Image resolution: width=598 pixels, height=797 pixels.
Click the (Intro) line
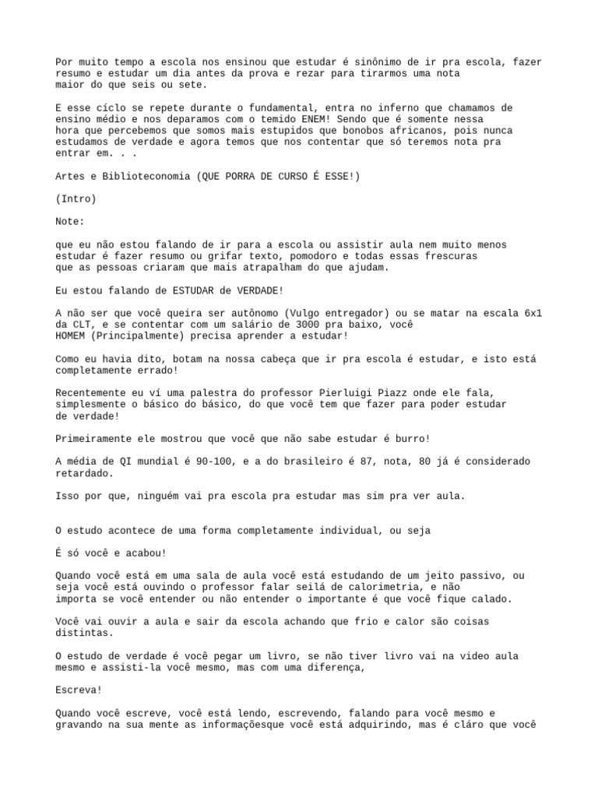tap(76, 199)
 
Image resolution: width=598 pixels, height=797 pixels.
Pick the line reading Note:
tap(70, 222)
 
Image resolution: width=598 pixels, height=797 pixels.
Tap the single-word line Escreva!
tap(79, 690)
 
